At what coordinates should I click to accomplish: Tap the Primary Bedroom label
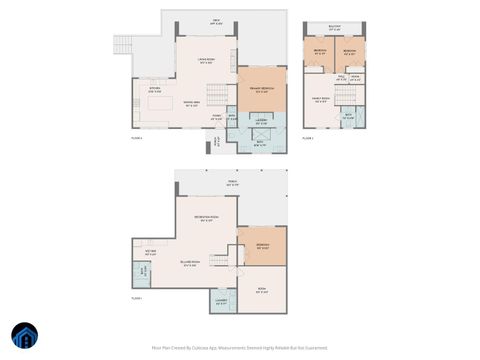[262, 90]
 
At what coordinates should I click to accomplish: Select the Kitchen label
[156, 89]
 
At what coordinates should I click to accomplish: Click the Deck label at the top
[216, 21]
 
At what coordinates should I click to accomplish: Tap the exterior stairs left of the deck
[124, 45]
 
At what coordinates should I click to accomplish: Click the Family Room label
[322, 100]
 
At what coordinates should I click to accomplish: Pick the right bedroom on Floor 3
[350, 53]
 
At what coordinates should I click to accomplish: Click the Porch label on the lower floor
[232, 184]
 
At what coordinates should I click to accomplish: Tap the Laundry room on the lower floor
[221, 301]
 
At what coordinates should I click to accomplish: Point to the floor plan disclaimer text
[240, 347]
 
